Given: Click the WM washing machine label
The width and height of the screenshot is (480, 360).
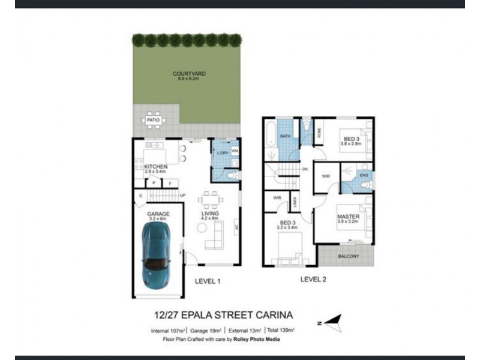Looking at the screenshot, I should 235,151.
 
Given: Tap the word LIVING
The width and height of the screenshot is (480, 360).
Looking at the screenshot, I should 210,214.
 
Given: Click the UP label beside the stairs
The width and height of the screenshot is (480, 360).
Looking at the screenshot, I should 182,196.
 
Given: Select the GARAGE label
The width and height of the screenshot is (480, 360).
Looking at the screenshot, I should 158,214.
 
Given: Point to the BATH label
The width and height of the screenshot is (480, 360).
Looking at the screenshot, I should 285,137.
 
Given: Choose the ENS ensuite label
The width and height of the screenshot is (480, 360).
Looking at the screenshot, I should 364,175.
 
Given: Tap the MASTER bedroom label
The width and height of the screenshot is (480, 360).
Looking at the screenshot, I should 348,216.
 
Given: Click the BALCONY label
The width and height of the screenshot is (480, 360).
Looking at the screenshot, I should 349,256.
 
